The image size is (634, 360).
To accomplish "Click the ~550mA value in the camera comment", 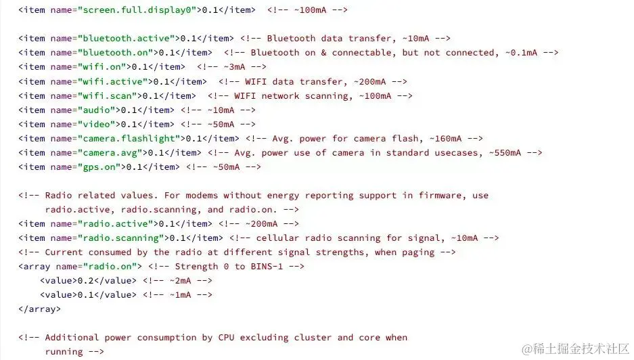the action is [x=505, y=152].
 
